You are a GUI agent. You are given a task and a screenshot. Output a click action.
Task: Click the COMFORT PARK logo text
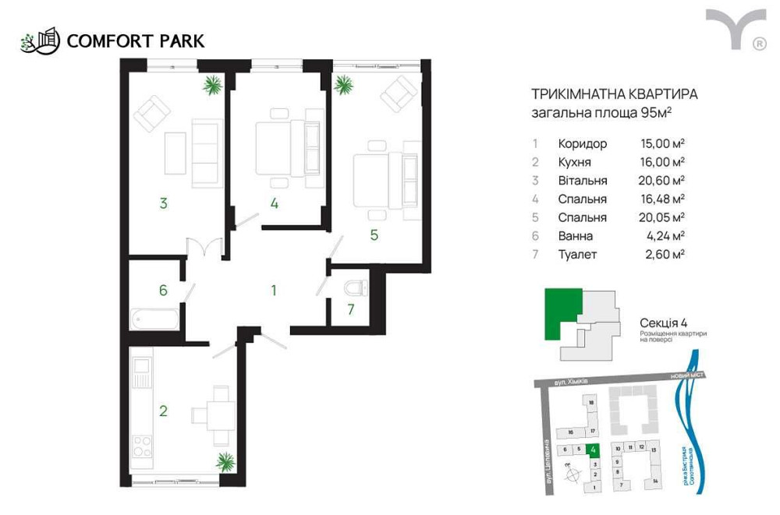tap(136, 40)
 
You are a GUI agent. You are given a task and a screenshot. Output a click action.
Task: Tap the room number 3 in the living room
tap(163, 204)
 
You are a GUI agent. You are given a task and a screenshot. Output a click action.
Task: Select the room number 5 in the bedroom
tap(374, 234)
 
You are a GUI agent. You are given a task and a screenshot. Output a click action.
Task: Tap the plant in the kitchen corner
tap(225, 460)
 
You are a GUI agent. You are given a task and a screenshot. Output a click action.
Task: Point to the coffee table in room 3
tap(175, 152)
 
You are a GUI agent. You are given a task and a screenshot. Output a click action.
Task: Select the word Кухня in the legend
tap(574, 162)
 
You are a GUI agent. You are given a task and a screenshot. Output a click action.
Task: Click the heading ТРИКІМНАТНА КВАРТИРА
tap(614, 94)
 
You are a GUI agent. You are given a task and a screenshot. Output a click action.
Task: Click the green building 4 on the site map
tap(594, 450)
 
